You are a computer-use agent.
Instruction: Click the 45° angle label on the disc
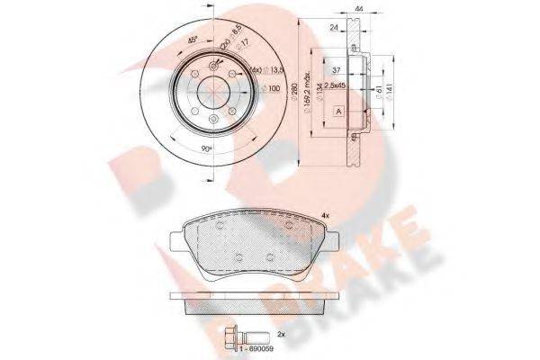pyautogui.click(x=191, y=40)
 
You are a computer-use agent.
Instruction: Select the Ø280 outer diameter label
pyautogui.click(x=292, y=90)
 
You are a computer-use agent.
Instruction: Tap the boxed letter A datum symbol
pyautogui.click(x=337, y=110)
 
